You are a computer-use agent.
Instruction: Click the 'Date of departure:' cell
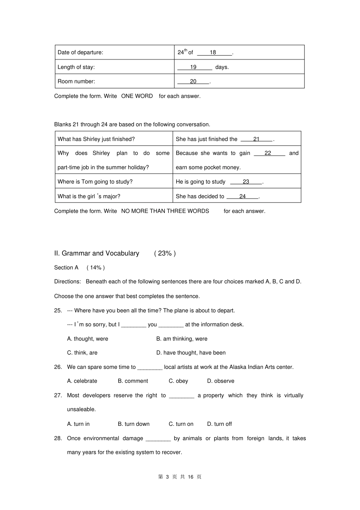pos(80,52)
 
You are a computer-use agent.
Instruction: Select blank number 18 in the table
pos(213,52)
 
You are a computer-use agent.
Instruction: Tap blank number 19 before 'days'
pos(194,67)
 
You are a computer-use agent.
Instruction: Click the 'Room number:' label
pos(76,82)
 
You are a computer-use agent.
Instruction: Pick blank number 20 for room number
pos(193,82)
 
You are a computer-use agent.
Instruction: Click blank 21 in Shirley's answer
pos(257,139)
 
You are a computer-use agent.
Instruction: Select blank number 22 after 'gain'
pos(268,153)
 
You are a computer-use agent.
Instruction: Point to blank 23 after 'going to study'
pos(246,182)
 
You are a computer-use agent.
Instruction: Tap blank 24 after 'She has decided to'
pos(243,196)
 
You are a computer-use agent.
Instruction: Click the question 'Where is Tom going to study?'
pos(95,182)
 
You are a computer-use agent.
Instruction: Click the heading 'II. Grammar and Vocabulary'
pos(97,253)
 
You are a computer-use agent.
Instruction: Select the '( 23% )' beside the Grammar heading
pos(165,253)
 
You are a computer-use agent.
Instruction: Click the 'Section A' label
pos(66,268)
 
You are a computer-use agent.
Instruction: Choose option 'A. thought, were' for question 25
pos(88,339)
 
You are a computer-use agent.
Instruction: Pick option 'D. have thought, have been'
pos(191,353)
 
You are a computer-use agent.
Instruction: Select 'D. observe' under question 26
pos(221,381)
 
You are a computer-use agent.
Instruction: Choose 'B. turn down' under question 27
pos(133,424)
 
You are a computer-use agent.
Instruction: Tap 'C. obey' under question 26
pos(178,381)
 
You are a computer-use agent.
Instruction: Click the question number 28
pos(58,438)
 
